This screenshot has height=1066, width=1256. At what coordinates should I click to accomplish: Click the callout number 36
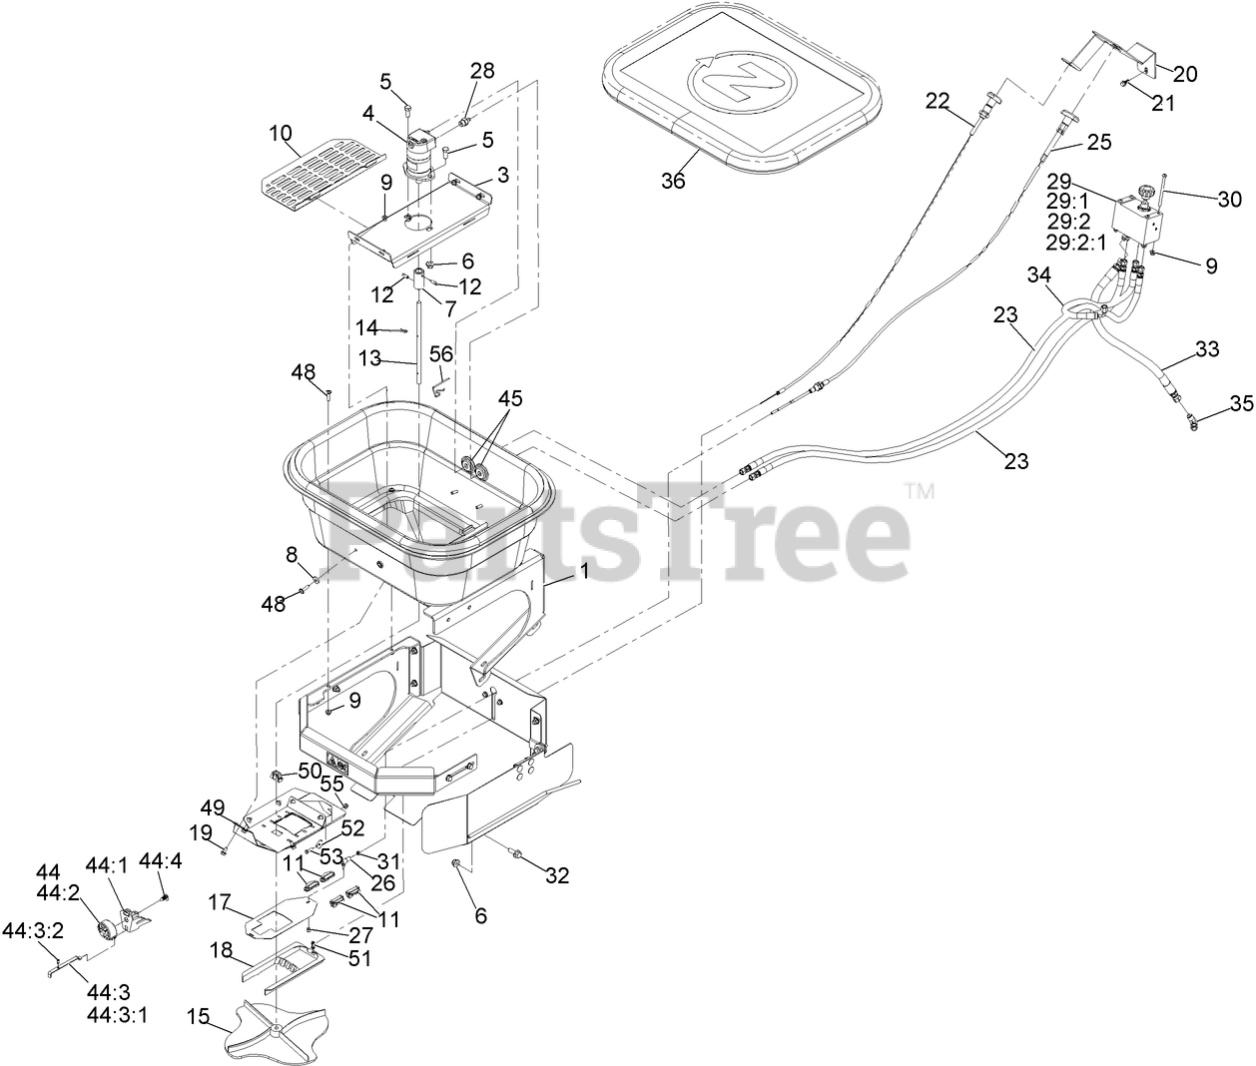pos(673,180)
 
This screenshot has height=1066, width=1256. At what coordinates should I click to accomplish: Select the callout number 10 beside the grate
pos(281,134)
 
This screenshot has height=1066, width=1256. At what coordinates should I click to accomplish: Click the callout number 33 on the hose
pos(1207,350)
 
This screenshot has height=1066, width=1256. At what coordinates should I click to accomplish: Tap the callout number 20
pos(1184,74)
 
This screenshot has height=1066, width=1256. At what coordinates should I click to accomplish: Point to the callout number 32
pos(556,875)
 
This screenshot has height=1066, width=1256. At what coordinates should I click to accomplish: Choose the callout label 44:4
pos(160,859)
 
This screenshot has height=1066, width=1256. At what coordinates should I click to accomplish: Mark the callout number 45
pos(511,398)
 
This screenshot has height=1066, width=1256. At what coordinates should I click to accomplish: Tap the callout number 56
pos(440,353)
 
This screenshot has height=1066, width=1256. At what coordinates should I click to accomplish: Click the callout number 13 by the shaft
pos(369,358)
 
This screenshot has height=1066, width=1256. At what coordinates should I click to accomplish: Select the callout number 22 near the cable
pos(939,100)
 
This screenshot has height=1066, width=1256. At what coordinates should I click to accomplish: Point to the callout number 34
pos(1040,273)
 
